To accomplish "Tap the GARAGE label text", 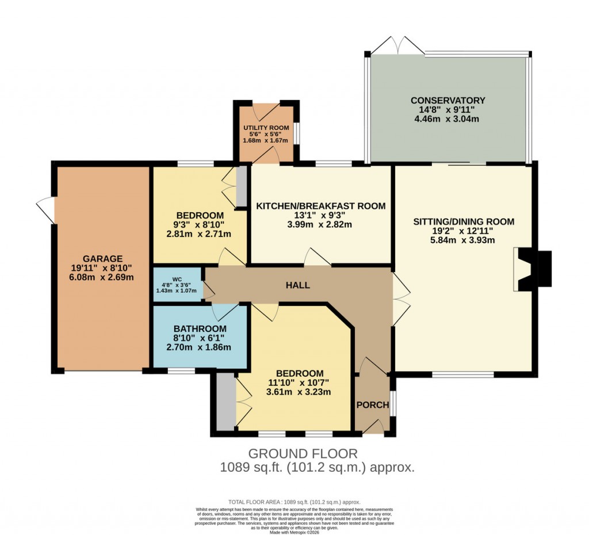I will pyautogui.click(x=101, y=258).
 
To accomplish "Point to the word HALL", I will pyautogui.click(x=299, y=285).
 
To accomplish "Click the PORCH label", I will pyautogui.click(x=372, y=405).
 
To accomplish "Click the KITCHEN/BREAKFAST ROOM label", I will pyautogui.click(x=320, y=206).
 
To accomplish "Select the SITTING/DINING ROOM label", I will pyautogui.click(x=464, y=221).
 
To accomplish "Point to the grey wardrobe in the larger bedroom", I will pyautogui.click(x=226, y=402).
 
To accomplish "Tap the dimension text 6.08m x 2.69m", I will pyautogui.click(x=101, y=277).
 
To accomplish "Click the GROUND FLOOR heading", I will pyautogui.click(x=303, y=453).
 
